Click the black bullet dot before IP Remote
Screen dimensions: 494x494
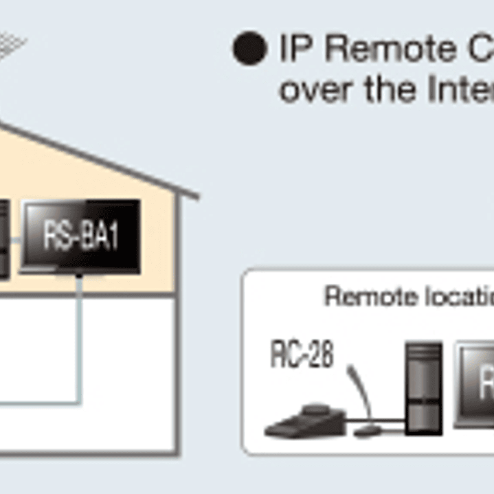pos(249,49)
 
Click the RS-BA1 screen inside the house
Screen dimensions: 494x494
pos(81,236)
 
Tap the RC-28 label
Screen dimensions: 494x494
pos(302,355)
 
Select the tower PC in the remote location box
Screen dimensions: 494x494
pos(423,388)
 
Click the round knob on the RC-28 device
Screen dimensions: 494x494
pos(316,411)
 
